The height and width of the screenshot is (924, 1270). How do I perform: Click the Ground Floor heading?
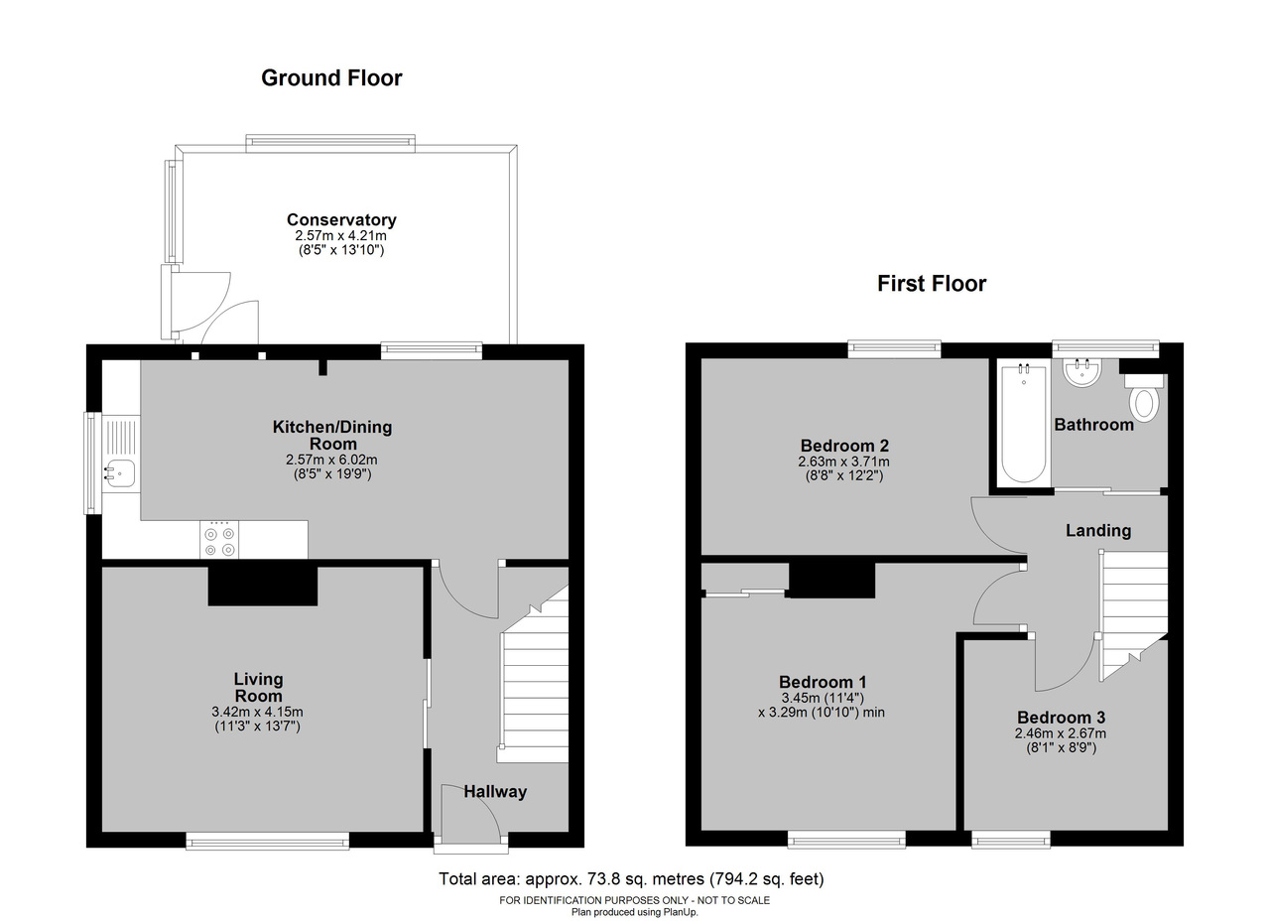click(331, 78)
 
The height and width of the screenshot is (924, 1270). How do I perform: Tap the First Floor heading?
click(932, 284)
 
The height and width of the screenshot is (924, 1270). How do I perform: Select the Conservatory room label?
click(341, 219)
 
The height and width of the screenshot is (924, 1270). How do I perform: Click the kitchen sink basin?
click(120, 473)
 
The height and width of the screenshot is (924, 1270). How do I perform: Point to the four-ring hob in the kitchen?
click(219, 540)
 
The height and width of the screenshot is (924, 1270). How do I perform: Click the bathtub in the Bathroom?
click(1023, 423)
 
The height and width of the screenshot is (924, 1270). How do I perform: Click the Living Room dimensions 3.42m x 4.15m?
click(257, 712)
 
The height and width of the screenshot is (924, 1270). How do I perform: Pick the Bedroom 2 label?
click(844, 446)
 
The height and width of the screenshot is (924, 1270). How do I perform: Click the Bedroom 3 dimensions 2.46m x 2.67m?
click(1061, 733)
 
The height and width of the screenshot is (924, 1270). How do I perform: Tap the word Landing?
click(1098, 530)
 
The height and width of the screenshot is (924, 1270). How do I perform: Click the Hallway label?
click(495, 792)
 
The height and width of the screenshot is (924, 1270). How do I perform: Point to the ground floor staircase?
click(534, 675)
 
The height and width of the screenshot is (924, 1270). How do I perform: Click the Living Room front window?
click(268, 841)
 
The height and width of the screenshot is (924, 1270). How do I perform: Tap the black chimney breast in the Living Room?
click(263, 584)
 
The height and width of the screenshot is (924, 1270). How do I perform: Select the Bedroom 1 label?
click(823, 682)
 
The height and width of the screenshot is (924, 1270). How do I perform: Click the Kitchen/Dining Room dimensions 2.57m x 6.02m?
click(331, 460)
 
